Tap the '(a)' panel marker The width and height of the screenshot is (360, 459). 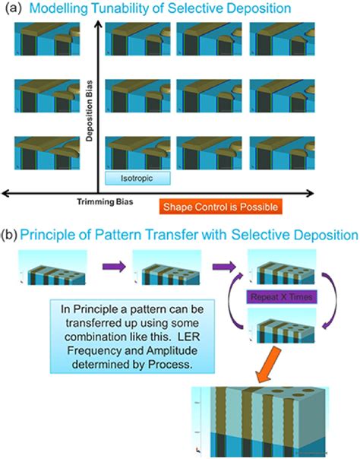(x=11, y=8)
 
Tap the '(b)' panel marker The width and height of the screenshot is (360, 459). (x=11, y=236)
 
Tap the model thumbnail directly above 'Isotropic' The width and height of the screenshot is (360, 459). (x=134, y=151)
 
